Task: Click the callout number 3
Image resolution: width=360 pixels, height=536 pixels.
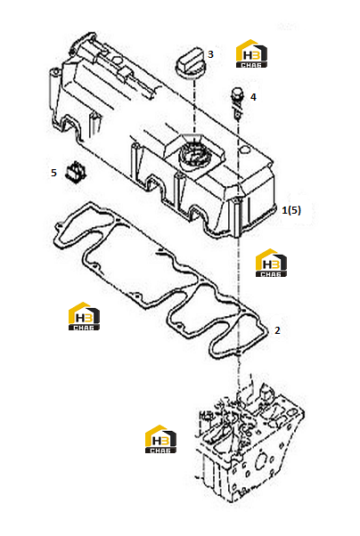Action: point(210,54)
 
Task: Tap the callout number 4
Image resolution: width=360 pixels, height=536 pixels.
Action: point(253,97)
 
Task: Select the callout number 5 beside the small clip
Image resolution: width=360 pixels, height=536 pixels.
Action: point(53,173)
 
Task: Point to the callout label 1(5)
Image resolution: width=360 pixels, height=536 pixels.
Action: point(291,210)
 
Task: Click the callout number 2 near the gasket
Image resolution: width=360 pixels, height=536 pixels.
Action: point(277,330)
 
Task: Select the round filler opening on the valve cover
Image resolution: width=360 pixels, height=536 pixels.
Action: point(193,156)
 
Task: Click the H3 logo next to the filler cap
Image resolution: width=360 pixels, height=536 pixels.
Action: point(251,54)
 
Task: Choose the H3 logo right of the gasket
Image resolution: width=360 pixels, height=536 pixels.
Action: point(271,263)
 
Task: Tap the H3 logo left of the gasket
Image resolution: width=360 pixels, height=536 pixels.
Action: point(84,316)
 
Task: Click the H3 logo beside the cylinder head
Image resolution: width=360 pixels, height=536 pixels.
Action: point(160,439)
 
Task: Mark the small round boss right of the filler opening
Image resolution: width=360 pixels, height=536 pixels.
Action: point(244,150)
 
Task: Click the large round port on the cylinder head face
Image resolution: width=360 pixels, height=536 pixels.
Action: point(262,459)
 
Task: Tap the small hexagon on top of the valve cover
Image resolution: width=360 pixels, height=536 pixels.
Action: point(117,61)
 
